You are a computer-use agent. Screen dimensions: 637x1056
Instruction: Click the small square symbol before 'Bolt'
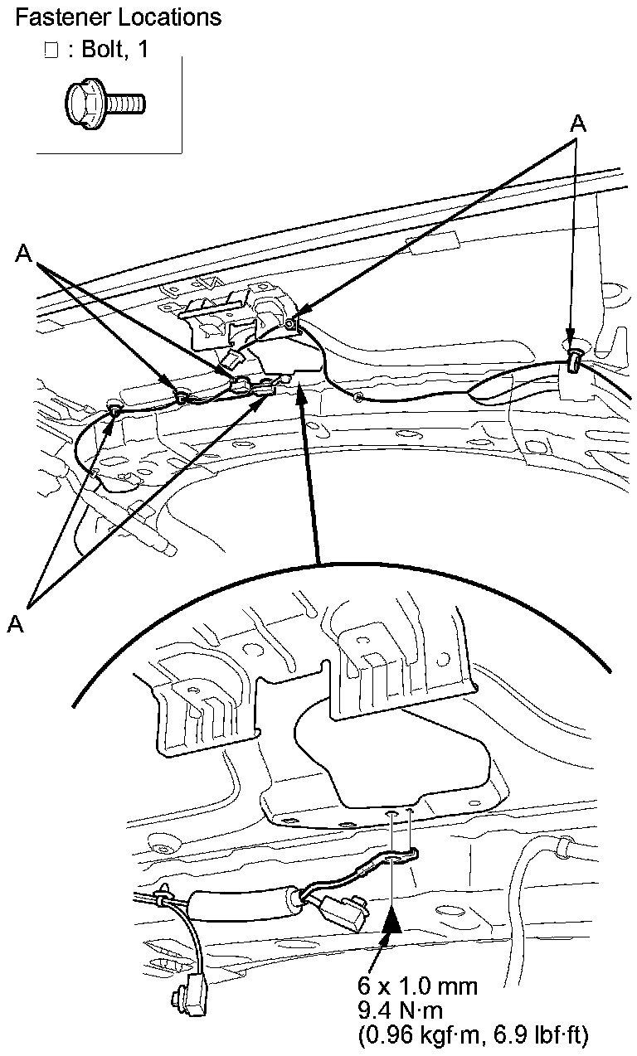51,51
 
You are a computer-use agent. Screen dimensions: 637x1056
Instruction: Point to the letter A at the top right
578,124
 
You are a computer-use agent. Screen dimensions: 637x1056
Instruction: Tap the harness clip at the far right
574,358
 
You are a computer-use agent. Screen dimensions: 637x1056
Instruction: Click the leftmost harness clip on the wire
114,407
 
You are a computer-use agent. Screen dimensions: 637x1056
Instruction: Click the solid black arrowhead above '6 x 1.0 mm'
391,919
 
